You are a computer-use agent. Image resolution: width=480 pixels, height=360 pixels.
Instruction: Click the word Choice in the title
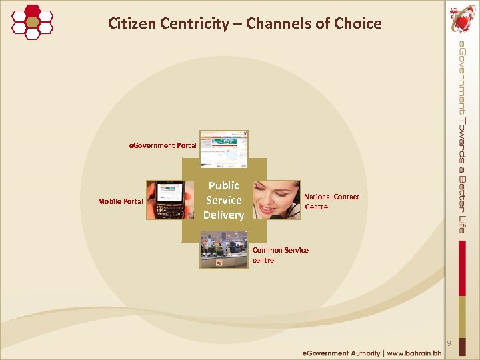pos(358,24)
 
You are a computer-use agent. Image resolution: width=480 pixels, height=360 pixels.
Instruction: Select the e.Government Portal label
pos(163,145)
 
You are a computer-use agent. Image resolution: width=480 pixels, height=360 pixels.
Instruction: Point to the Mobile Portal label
pos(121,201)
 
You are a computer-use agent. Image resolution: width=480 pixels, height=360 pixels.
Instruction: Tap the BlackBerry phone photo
pos(165,200)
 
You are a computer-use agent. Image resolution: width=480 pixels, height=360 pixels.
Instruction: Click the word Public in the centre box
pos(224,185)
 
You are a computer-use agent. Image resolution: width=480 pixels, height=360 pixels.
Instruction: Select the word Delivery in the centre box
pos(224,215)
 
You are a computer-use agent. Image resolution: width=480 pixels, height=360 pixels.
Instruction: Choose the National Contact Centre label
pos(331,201)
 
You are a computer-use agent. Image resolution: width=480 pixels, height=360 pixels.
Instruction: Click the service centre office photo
pos(224,249)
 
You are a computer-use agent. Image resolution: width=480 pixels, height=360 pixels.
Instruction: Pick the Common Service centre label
pos(280,255)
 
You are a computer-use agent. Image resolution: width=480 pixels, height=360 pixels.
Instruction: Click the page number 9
pos(449,343)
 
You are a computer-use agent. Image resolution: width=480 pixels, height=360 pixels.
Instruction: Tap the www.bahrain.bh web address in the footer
pos(414,353)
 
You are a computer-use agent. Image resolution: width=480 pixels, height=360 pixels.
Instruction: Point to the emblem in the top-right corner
pos(462,18)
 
